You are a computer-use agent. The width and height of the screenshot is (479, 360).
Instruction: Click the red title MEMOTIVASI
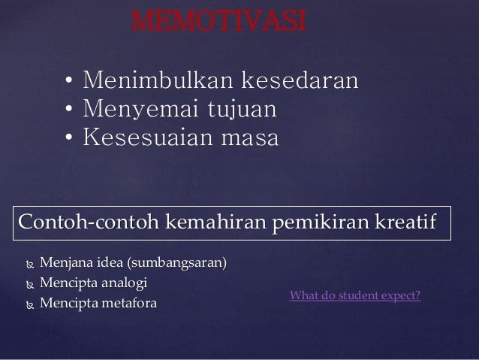pos(218,21)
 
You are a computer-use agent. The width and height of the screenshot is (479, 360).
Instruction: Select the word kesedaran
pos(300,80)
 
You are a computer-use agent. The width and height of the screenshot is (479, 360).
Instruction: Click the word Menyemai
pos(141,108)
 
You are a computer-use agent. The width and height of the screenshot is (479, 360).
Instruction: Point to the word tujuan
pos(243,108)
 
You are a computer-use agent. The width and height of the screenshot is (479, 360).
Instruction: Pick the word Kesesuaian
pos(148,137)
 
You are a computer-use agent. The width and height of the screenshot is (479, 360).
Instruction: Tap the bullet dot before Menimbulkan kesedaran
pos(69,80)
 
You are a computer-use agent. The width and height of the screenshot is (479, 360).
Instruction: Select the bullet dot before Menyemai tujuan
pos(69,108)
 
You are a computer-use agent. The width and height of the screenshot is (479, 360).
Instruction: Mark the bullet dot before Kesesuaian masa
pos(69,138)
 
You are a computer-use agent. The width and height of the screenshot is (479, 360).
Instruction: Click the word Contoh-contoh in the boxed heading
pos(89,221)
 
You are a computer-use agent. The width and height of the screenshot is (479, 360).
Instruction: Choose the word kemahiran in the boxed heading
pos(216,221)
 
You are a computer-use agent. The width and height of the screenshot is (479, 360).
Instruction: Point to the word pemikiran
pos(321,223)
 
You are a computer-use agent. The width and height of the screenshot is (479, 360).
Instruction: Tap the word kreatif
pos(405,221)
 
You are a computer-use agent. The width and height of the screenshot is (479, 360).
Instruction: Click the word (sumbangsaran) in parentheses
pos(177,263)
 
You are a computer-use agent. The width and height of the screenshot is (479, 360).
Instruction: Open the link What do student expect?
pos(355,296)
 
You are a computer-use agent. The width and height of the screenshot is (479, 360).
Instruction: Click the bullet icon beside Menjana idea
pos(30,265)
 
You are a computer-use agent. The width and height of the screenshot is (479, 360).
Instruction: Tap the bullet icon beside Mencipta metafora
pos(30,305)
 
